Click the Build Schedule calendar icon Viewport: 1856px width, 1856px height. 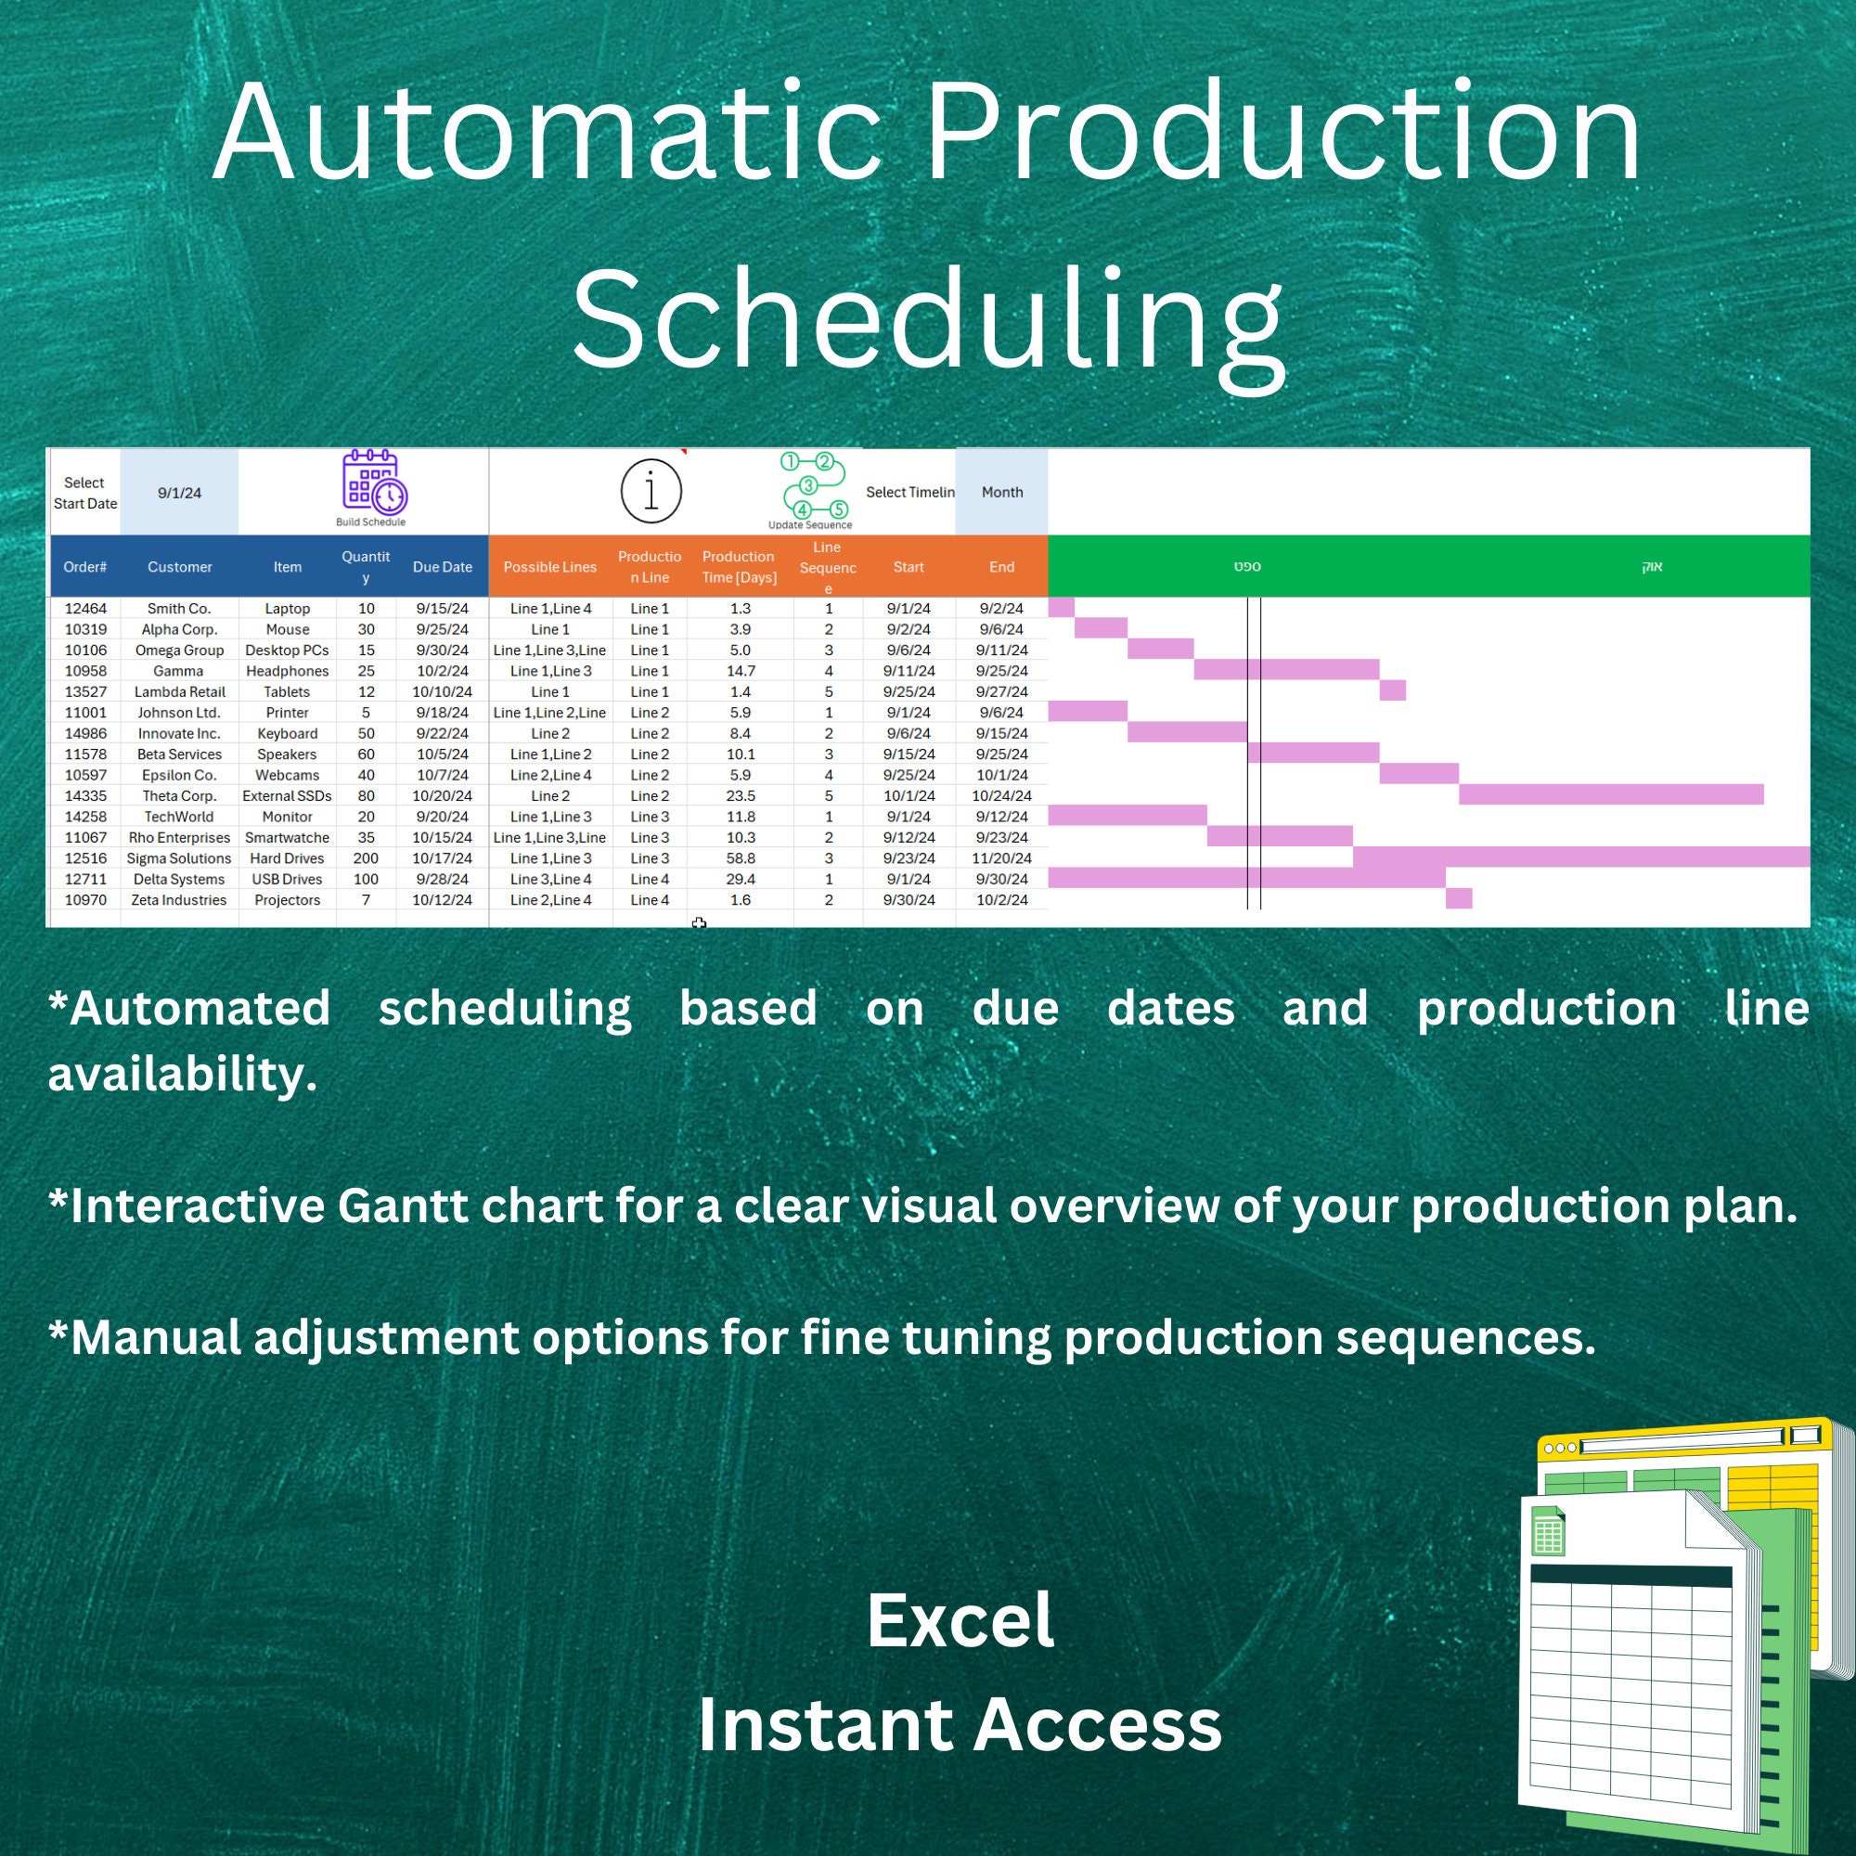coord(375,482)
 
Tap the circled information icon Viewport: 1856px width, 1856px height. coord(651,491)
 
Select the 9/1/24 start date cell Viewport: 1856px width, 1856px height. coord(180,493)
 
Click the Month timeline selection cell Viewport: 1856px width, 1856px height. coord(1001,492)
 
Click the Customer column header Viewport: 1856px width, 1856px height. coord(180,567)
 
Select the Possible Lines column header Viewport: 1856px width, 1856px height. coord(549,567)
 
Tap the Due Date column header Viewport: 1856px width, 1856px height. coord(442,567)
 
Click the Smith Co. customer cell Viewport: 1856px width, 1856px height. coord(180,608)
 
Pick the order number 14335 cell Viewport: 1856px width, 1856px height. coord(85,795)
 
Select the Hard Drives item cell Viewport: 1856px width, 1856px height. coord(288,857)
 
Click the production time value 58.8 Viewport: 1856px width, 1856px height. coord(740,857)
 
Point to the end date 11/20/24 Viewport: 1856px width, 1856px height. coord(1001,857)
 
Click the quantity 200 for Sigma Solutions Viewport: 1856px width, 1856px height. coord(366,857)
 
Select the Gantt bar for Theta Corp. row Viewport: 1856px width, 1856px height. coord(1610,794)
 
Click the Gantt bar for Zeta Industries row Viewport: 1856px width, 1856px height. coord(1458,898)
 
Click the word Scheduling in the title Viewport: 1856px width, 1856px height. coord(927,322)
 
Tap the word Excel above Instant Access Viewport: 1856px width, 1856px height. coord(960,1622)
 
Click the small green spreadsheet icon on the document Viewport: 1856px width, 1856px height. coord(1548,1531)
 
